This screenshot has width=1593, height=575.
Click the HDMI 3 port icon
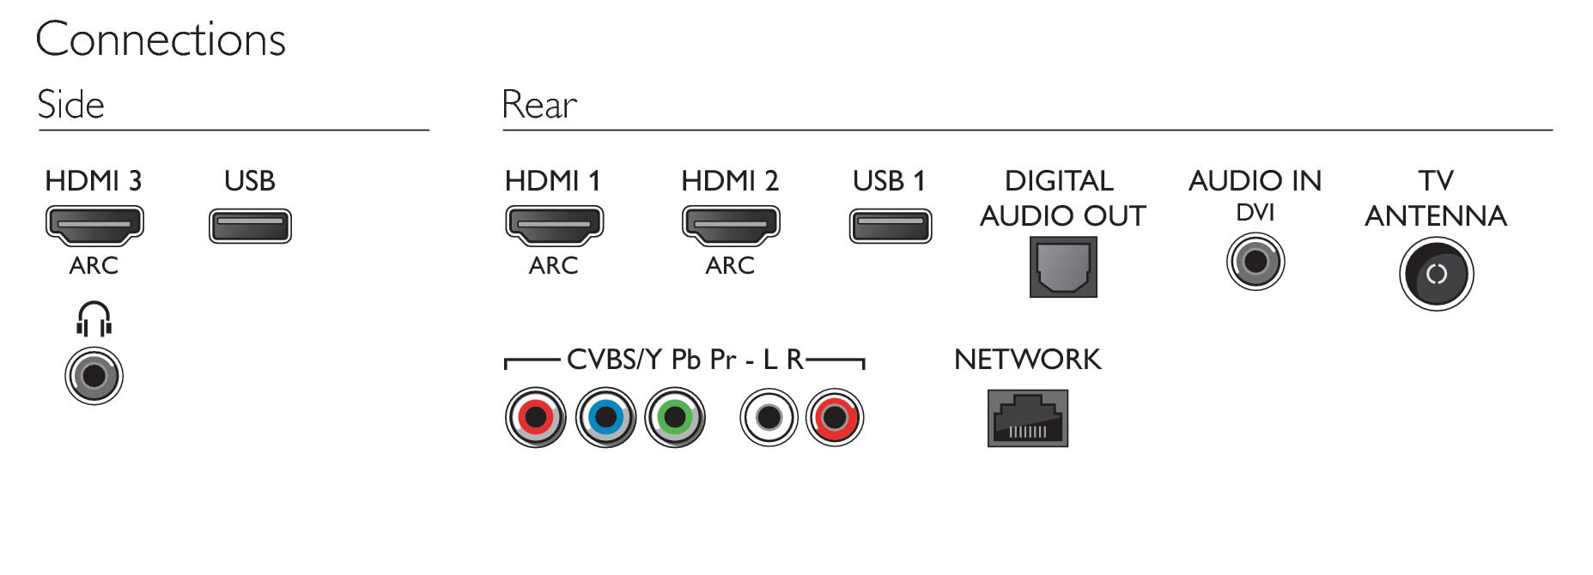point(94,225)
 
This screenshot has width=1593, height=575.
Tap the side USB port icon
point(250,227)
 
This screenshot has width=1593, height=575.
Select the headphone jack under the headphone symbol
point(94,376)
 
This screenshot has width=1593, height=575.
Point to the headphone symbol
point(94,319)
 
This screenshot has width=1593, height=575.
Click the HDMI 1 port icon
point(554,225)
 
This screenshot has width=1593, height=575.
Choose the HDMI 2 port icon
point(730,225)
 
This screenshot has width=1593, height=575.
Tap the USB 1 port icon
point(891,227)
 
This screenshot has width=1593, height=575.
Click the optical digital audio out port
point(1063,267)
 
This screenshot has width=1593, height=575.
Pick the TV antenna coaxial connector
point(1436,275)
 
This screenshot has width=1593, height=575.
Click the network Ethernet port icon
point(1028,418)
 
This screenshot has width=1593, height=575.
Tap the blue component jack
point(605,418)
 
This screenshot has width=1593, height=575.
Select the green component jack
point(675,418)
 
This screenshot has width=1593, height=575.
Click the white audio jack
point(769,418)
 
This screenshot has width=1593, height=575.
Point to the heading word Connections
point(161,39)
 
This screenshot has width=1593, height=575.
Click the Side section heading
point(70,105)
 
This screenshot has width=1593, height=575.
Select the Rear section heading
point(539,105)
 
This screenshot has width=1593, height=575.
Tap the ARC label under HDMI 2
point(730,265)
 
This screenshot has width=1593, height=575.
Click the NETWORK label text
point(1027,359)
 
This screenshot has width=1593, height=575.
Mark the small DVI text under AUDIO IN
point(1256,212)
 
